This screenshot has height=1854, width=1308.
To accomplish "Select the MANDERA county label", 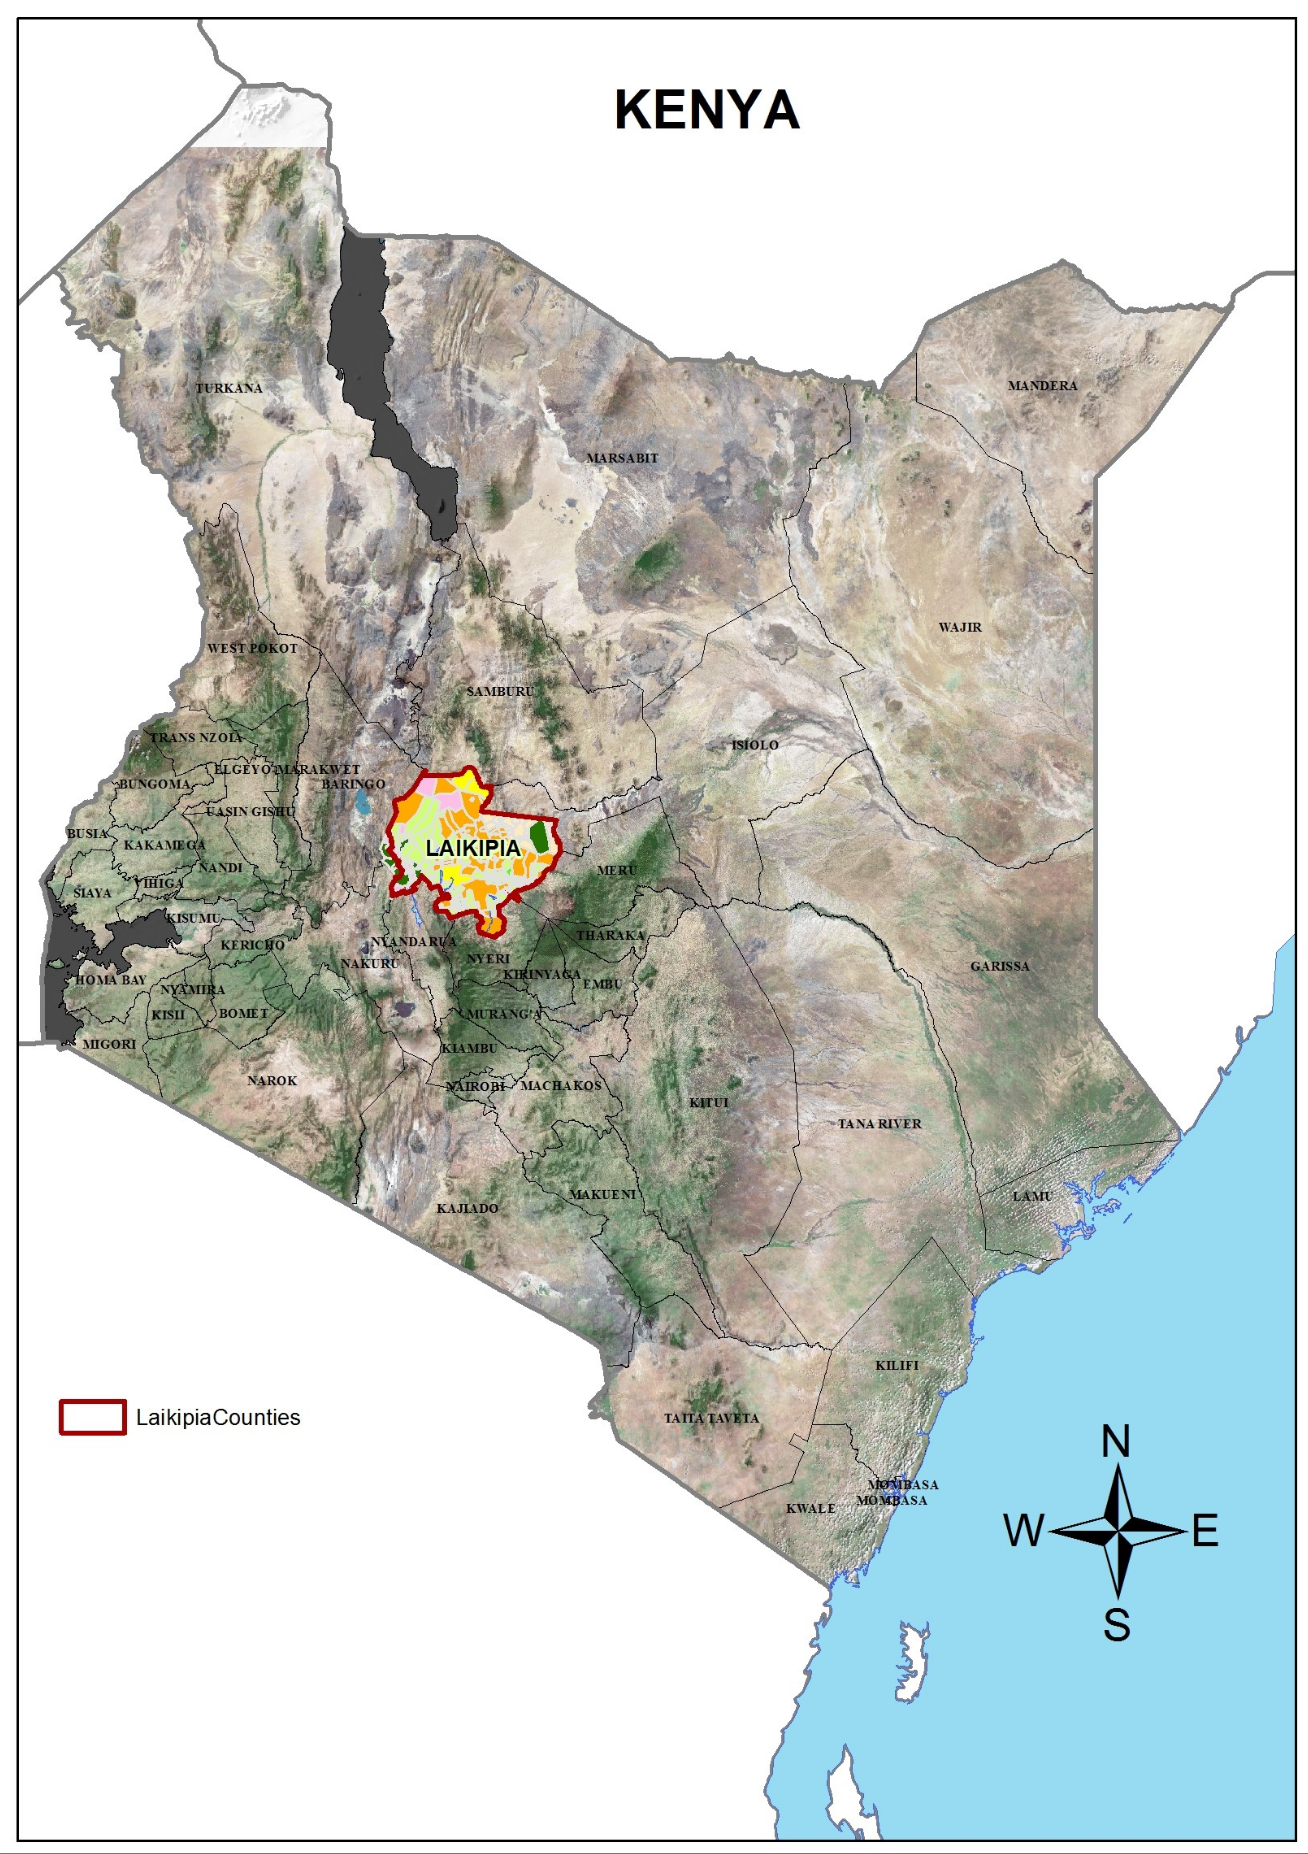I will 1042,386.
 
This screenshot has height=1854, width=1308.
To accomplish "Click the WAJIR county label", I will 960,626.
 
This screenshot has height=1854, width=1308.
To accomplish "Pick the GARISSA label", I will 999,966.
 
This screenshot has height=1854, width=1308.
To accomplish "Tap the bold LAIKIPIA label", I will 473,849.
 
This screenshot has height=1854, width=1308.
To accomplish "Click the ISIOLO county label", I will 755,745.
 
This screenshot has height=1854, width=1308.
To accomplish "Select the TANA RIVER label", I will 879,1123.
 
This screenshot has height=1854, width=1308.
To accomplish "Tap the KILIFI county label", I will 897,1365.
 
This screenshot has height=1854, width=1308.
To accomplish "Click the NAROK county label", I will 272,1080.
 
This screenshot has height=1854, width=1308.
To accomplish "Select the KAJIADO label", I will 468,1208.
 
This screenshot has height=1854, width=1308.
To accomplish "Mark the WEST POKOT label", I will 252,648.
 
